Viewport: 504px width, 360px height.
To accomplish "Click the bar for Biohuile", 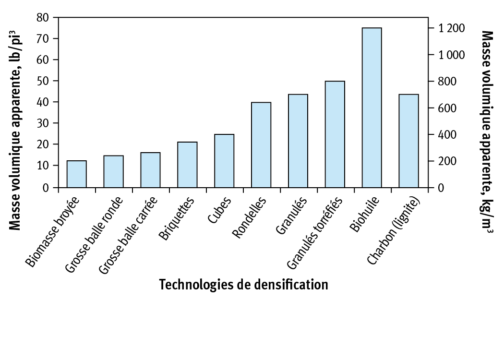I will point(372,108).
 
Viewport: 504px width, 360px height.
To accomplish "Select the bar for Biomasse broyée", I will point(76,174).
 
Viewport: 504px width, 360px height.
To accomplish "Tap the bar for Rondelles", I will point(261,144).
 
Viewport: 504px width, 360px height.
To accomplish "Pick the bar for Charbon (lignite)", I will point(408,141).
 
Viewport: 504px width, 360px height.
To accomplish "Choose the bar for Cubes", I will point(224,161).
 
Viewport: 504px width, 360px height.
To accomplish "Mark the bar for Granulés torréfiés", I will point(335,134).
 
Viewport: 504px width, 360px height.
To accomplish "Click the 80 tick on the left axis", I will point(44,18).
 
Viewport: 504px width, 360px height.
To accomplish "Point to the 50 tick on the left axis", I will point(44,81).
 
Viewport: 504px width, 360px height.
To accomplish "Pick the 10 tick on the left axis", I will point(44,166).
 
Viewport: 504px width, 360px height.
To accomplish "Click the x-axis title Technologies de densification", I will point(243,285).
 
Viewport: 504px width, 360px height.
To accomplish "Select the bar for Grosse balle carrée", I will point(150,170).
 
